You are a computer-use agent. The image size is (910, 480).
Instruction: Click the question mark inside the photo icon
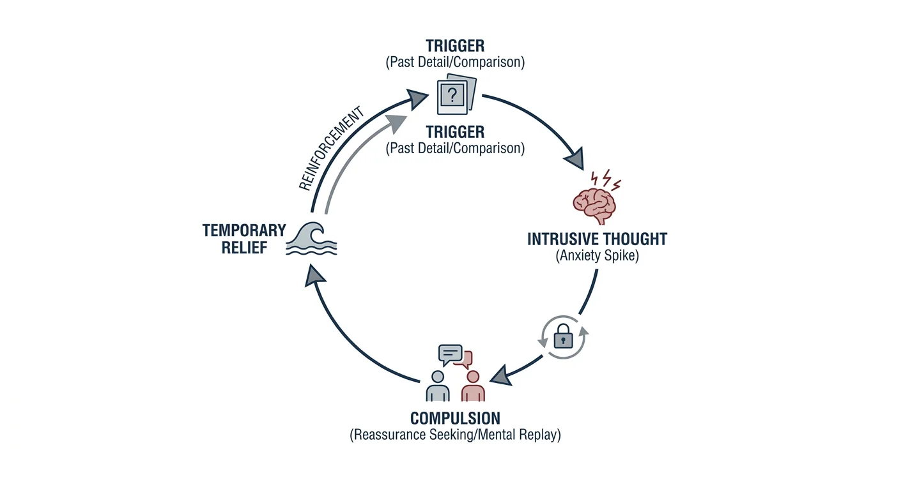(452, 96)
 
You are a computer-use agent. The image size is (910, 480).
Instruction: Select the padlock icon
(564, 336)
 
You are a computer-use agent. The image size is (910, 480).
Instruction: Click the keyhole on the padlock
(564, 341)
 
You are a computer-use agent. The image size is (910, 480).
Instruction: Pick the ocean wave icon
(312, 239)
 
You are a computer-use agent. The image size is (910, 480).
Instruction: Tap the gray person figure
(438, 386)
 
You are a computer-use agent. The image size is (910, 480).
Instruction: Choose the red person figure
(473, 386)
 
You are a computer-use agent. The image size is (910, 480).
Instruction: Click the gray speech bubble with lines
(450, 354)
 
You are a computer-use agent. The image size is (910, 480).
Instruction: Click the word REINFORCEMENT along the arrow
(332, 148)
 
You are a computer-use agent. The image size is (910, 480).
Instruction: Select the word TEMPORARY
(244, 230)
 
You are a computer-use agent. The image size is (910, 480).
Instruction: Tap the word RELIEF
(244, 248)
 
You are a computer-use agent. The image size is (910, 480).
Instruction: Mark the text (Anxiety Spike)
(597, 255)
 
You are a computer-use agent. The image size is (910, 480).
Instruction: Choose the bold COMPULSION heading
(455, 418)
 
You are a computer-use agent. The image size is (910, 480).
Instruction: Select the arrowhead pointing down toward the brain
(575, 158)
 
